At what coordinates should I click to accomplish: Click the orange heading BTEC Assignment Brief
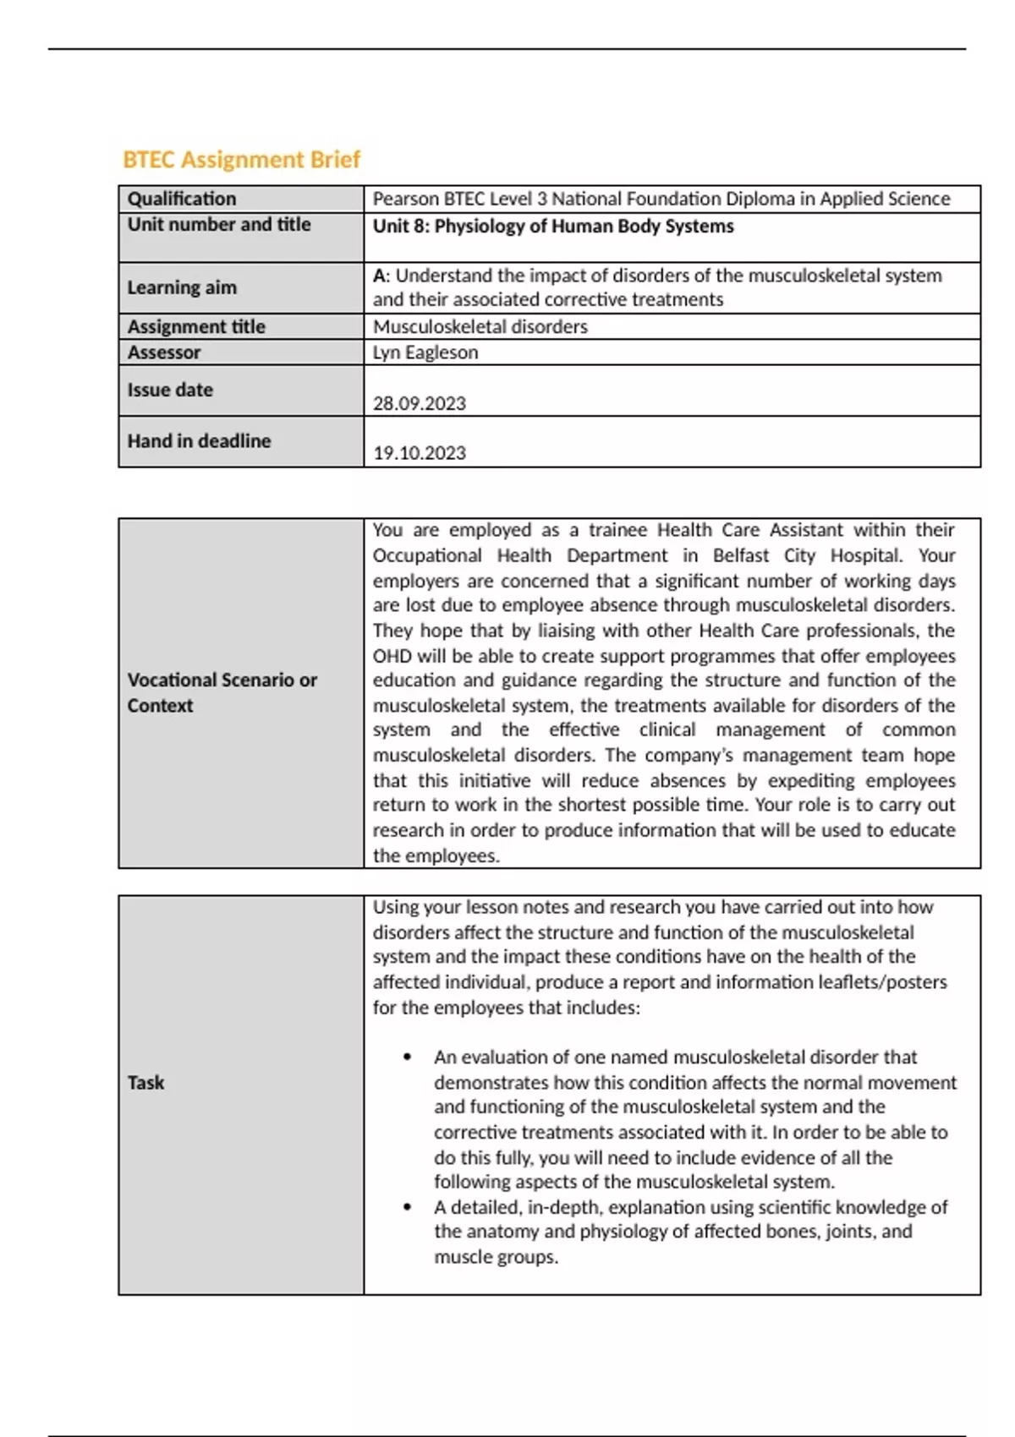(241, 160)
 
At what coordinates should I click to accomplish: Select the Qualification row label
(182, 199)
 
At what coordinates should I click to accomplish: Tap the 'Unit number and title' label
(219, 225)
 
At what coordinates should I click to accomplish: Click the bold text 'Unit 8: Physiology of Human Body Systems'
(553, 227)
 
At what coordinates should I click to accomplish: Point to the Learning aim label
(182, 287)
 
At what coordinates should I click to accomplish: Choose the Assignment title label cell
(196, 327)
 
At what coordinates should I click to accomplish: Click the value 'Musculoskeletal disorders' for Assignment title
(480, 327)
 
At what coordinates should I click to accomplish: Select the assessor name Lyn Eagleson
(425, 352)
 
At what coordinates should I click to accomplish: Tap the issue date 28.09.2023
(420, 403)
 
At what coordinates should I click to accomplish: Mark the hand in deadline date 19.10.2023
(420, 453)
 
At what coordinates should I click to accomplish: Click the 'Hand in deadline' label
(199, 441)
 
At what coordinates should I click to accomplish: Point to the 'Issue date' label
(170, 391)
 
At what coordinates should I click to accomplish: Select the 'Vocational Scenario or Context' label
(222, 692)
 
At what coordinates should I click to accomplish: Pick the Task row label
(145, 1083)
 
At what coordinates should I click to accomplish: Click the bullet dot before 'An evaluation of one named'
(409, 1057)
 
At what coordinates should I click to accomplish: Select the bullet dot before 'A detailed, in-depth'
(409, 1207)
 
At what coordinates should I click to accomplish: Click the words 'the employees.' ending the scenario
(436, 856)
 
